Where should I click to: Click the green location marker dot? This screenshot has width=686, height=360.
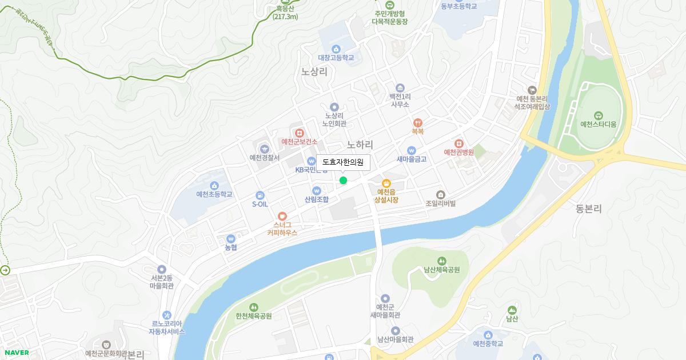click(343, 181)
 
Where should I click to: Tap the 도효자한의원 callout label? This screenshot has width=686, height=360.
click(343, 162)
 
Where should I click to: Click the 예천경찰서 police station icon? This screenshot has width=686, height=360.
click(264, 149)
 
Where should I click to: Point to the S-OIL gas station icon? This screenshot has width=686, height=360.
click(260, 195)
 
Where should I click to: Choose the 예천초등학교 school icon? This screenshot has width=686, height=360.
click(214, 185)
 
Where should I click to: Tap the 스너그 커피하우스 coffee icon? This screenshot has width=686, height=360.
click(282, 216)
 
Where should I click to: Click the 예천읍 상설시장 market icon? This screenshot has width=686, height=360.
click(386, 183)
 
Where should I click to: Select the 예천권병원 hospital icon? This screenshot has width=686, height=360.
click(458, 143)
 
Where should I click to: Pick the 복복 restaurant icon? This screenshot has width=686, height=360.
click(418, 122)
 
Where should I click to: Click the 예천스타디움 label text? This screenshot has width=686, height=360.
click(598, 124)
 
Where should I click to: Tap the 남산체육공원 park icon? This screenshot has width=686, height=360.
click(441, 261)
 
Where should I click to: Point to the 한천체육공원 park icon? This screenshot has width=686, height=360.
click(253, 307)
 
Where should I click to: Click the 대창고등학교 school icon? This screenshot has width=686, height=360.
click(336, 49)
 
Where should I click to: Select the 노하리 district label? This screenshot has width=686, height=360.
click(360, 145)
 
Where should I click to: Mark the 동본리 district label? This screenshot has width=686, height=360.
click(589, 209)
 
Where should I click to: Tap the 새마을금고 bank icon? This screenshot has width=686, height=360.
click(411, 150)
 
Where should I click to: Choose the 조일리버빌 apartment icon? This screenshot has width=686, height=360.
click(440, 194)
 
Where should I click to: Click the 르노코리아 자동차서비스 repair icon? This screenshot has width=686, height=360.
click(166, 315)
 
